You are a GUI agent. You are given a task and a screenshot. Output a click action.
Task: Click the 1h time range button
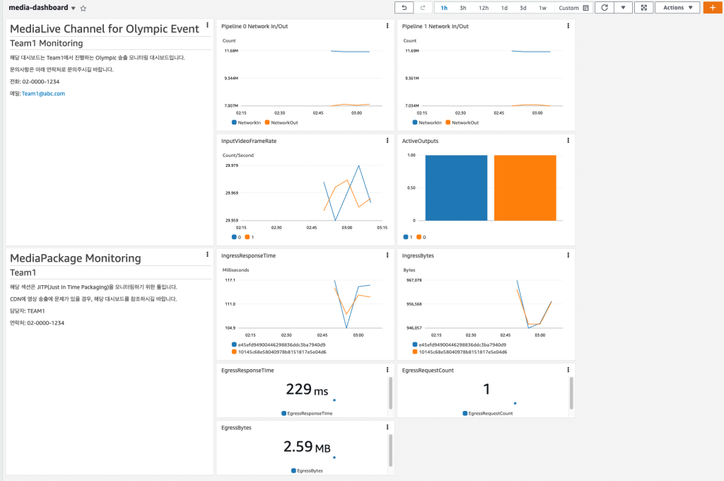pyautogui.click(x=444, y=8)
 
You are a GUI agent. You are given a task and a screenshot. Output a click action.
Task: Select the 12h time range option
pyautogui.click(x=484, y=8)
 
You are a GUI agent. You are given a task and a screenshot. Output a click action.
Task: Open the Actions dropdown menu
pyautogui.click(x=677, y=8)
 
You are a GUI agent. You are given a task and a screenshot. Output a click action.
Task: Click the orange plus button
pyautogui.click(x=713, y=8)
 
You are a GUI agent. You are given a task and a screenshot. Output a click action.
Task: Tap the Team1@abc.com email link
pyautogui.click(x=43, y=93)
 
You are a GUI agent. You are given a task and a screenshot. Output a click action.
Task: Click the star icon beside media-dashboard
pyautogui.click(x=83, y=8)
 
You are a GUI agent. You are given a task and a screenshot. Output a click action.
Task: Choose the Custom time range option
pyautogui.click(x=573, y=8)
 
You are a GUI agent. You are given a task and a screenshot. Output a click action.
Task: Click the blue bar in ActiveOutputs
pyautogui.click(x=455, y=188)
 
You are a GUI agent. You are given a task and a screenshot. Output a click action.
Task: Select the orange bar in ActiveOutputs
pyautogui.click(x=525, y=188)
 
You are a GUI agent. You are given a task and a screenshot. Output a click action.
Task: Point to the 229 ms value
pyautogui.click(x=307, y=389)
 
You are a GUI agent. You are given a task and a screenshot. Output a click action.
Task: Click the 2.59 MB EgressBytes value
pyautogui.click(x=306, y=447)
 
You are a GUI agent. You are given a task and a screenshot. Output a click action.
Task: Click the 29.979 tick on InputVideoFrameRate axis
pyautogui.click(x=231, y=166)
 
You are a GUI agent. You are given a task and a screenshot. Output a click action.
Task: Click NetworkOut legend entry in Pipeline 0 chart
pyautogui.click(x=284, y=122)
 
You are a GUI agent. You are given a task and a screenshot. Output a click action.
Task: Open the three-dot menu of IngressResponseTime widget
pyautogui.click(x=387, y=255)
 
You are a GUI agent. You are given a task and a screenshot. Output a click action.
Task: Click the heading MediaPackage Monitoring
pyautogui.click(x=75, y=258)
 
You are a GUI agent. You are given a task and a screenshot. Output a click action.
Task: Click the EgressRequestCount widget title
pyautogui.click(x=428, y=370)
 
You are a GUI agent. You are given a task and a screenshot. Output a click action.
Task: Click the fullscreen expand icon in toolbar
pyautogui.click(x=643, y=8)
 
